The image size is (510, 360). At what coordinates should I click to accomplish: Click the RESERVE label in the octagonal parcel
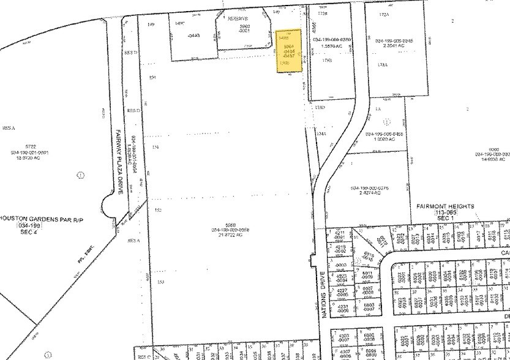(x=236, y=19)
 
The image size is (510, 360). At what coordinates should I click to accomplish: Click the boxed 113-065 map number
(x=449, y=215)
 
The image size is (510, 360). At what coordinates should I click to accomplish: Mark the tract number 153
(x=160, y=282)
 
